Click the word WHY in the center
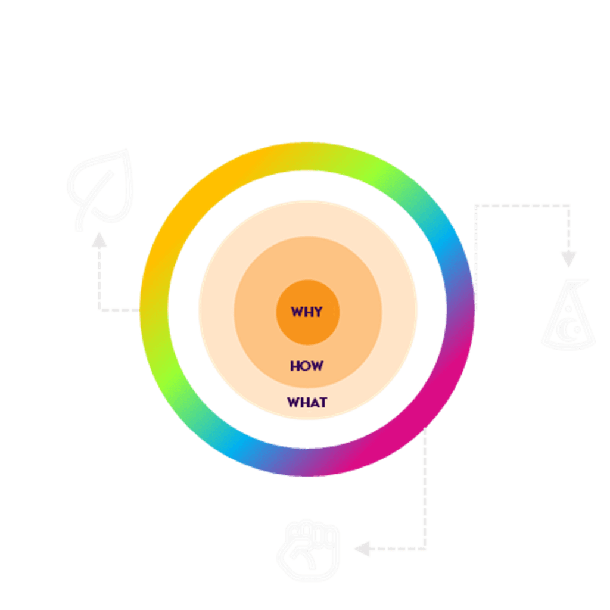pos(307,312)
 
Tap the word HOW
pos(307,366)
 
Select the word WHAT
pos(307,402)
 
